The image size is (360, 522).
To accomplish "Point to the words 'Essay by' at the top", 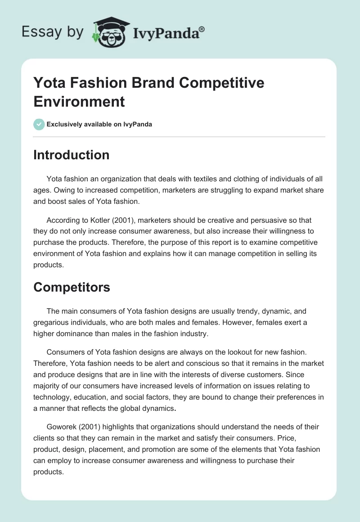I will tap(52, 32).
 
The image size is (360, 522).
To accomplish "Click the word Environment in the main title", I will tap(79, 101).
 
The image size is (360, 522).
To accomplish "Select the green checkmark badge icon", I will tap(39, 124).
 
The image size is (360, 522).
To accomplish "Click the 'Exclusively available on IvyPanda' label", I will tap(99, 124).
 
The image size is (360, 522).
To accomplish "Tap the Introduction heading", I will tap(72, 155).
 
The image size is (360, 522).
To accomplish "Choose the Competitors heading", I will tap(72, 287).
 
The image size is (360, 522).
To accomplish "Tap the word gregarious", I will tap(52, 322).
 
